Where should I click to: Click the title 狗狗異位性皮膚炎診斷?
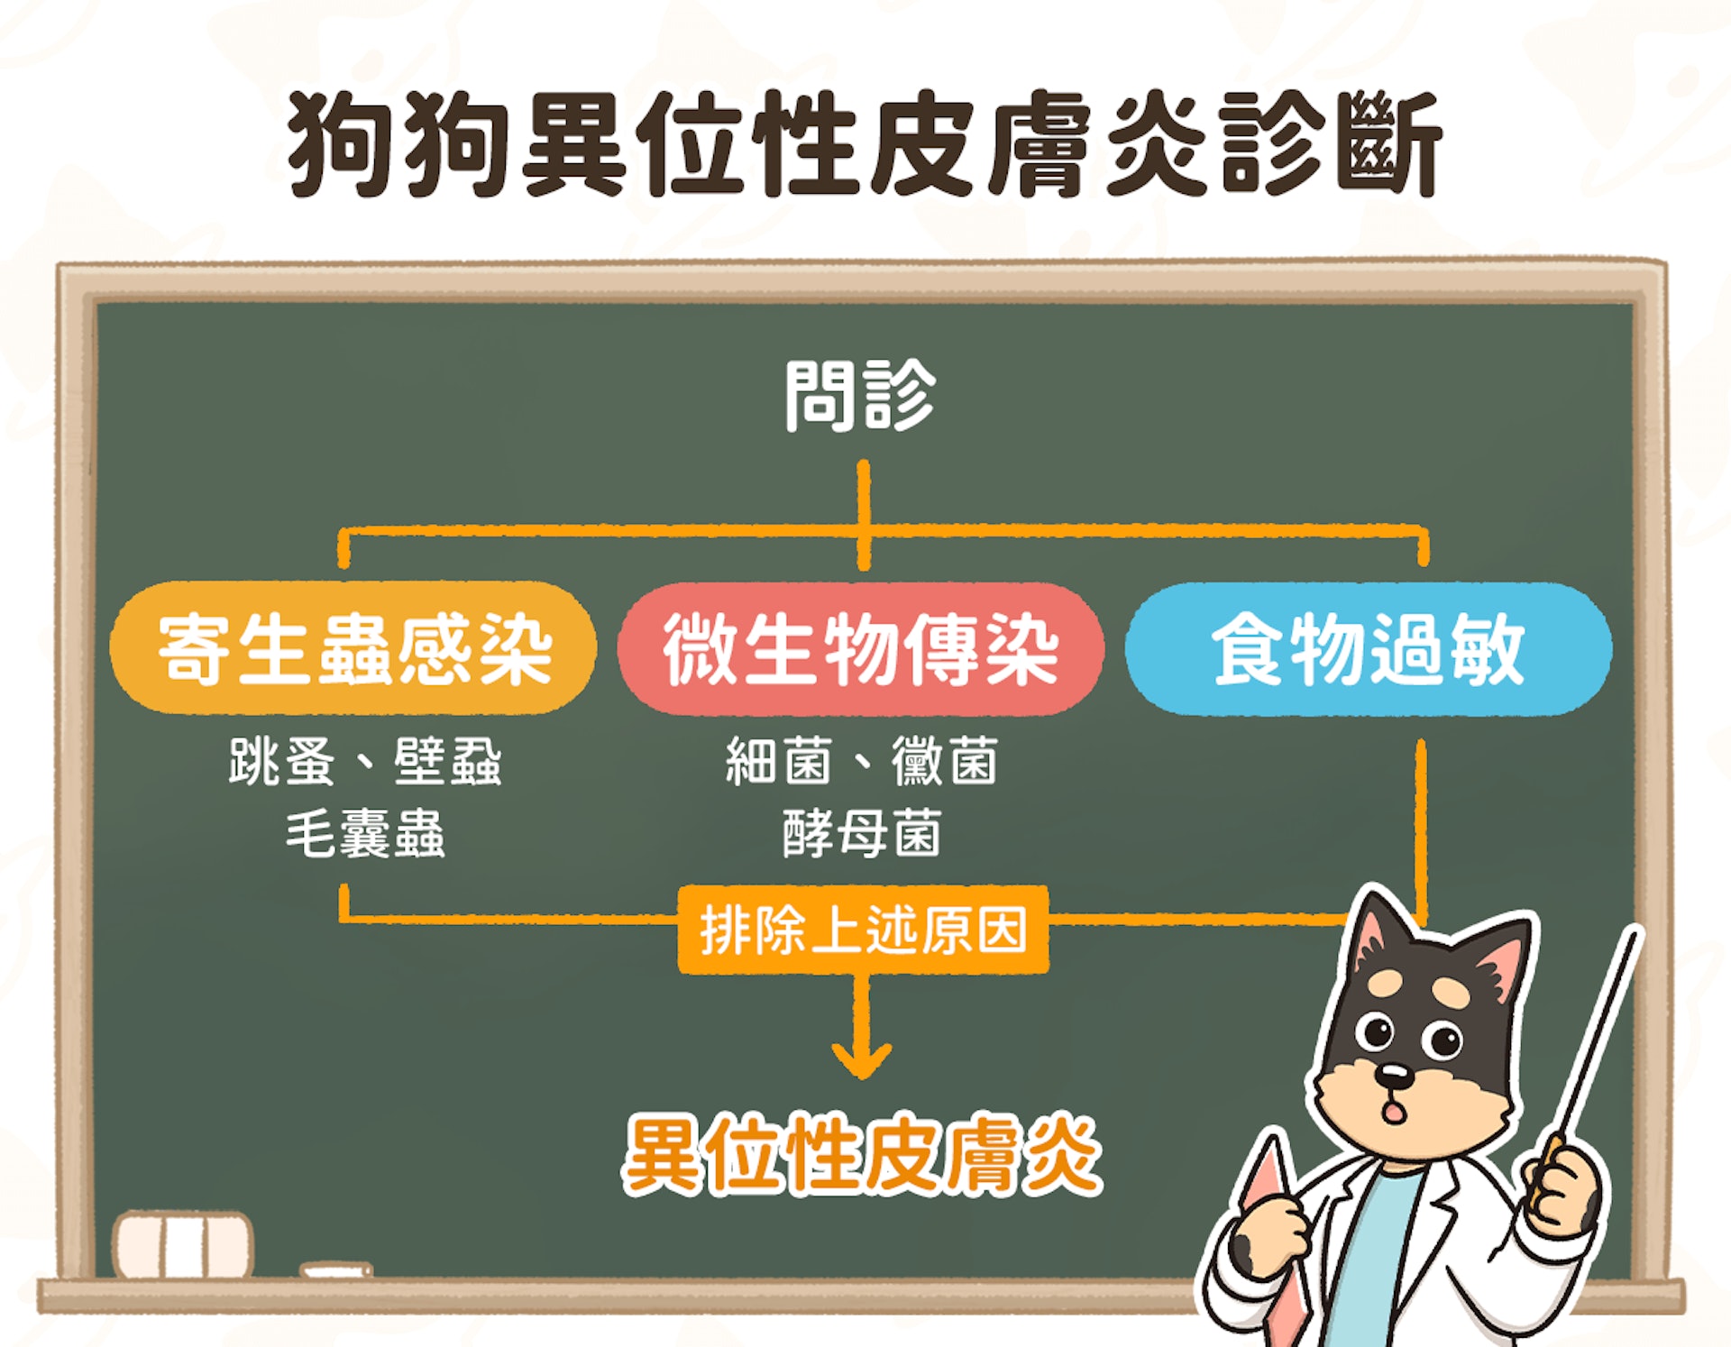pos(864,144)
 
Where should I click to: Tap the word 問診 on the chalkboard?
pos(861,396)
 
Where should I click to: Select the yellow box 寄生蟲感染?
pos(353,648)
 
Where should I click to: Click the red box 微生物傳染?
pos(861,648)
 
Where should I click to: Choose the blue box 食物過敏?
pos(1369,648)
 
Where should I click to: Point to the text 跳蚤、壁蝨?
pos(365,762)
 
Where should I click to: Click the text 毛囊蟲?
pos(365,833)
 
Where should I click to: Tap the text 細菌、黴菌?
pos(862,762)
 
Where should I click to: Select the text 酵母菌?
pos(862,833)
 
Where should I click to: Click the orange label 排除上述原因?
pos(863,930)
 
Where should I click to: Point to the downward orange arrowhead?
pos(862,1060)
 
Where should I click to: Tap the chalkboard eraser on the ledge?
pos(183,1244)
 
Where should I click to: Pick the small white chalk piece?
pos(335,1270)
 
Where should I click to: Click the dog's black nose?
pos(1394,1074)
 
